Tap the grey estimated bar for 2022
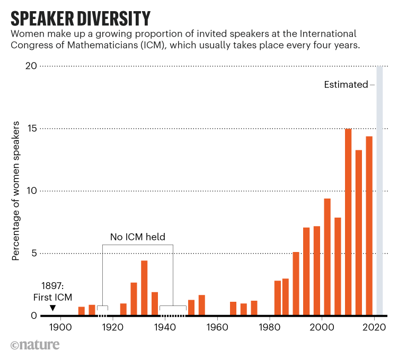(379, 191)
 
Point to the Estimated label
(346, 85)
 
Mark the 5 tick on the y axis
(33, 253)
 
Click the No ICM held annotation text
(137, 237)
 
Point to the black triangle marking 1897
(52, 308)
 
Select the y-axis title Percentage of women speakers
(16, 191)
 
